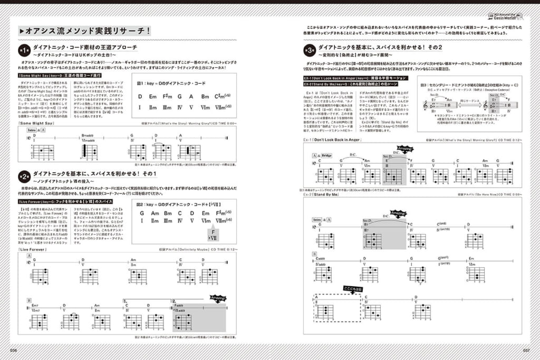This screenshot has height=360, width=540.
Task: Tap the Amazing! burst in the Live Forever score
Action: coord(217,298)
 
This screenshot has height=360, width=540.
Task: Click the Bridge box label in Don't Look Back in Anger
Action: coord(325,157)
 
